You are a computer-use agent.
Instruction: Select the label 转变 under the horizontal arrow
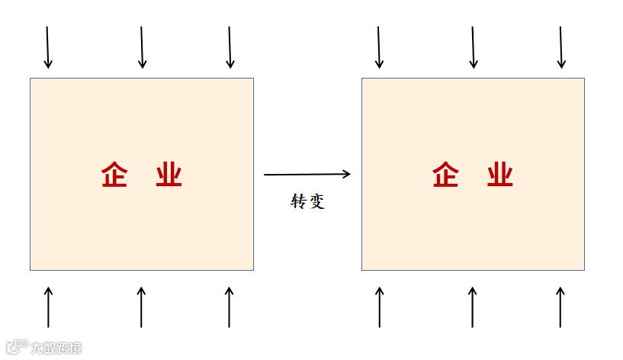[308, 202]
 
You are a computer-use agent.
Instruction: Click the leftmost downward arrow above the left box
[47, 47]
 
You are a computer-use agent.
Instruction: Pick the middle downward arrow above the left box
[142, 47]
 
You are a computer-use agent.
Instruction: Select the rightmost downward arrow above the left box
[230, 47]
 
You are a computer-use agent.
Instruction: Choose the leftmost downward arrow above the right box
[379, 47]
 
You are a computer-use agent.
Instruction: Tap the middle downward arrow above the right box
[473, 47]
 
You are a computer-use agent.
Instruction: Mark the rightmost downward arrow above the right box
[561, 47]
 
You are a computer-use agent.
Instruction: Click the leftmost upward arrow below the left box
[48, 307]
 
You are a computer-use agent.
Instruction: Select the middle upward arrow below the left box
[141, 307]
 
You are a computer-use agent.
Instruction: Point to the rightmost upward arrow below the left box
[230, 307]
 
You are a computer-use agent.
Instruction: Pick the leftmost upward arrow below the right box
[380, 307]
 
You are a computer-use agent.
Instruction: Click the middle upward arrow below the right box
[473, 307]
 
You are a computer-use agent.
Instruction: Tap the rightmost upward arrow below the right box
[561, 307]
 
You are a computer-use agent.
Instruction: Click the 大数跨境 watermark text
[55, 349]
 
